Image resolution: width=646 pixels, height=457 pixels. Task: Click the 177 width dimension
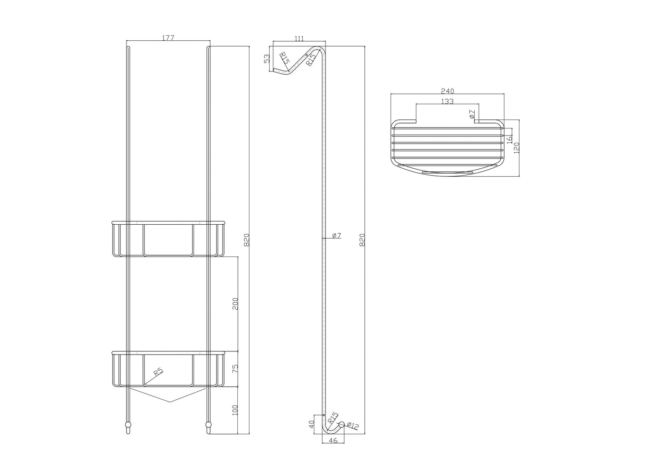coord(168,38)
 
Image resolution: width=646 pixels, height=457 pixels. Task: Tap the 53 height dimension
coord(266,59)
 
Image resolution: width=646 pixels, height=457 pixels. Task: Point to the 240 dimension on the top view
coord(447,91)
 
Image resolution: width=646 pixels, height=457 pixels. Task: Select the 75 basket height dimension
coord(235,369)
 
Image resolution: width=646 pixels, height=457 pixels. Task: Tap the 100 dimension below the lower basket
coord(235,410)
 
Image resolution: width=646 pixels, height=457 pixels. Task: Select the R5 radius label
coord(158,372)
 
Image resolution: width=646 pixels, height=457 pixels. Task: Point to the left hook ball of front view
coord(128,424)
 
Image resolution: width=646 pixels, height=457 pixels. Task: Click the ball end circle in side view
coord(342,424)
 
